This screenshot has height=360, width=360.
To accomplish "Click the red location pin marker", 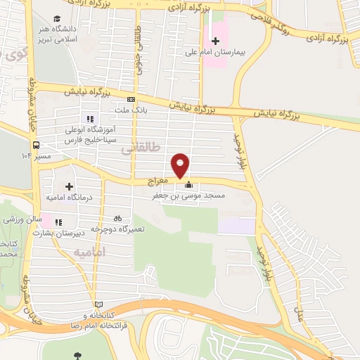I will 181,165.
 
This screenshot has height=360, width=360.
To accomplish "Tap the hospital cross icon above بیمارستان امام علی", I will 217,40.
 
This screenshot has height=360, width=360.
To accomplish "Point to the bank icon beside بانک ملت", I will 131,100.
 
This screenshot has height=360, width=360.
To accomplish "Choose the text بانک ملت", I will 132,110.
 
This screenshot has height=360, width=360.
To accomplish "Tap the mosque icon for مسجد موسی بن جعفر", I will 188,186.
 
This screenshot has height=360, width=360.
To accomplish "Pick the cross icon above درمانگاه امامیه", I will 69,186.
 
